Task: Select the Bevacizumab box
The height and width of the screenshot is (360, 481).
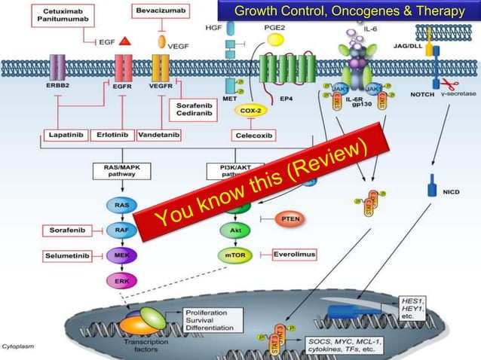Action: point(160,11)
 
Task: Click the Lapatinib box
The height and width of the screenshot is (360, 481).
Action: point(64,136)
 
